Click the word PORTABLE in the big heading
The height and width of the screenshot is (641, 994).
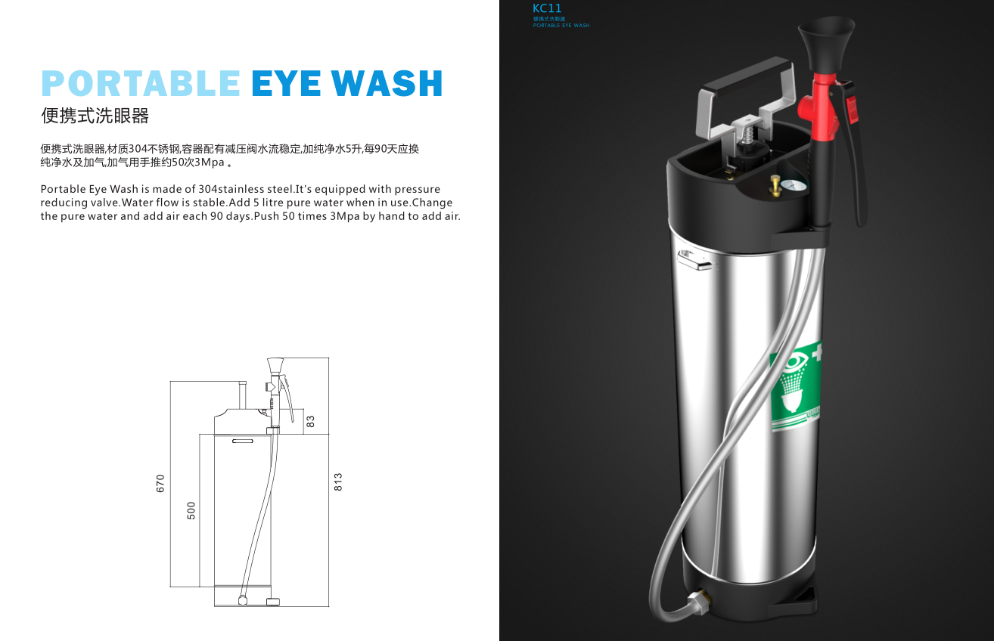click(141, 83)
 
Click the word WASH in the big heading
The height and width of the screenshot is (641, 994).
click(387, 83)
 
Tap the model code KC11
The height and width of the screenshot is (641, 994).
click(547, 8)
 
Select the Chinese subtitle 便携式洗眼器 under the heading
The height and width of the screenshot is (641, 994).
click(95, 116)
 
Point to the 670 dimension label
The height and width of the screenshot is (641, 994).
click(160, 483)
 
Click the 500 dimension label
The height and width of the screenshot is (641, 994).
click(191, 511)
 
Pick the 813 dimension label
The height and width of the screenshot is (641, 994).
click(337, 482)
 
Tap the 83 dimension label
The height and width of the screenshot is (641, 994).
click(310, 421)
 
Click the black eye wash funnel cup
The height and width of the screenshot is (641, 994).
click(826, 42)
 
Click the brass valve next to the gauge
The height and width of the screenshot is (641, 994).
click(775, 185)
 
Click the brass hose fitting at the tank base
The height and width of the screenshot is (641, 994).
click(698, 602)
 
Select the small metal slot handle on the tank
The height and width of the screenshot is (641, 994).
click(694, 260)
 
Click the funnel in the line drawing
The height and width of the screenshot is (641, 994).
click(275, 366)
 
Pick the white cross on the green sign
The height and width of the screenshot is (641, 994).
click(817, 351)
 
